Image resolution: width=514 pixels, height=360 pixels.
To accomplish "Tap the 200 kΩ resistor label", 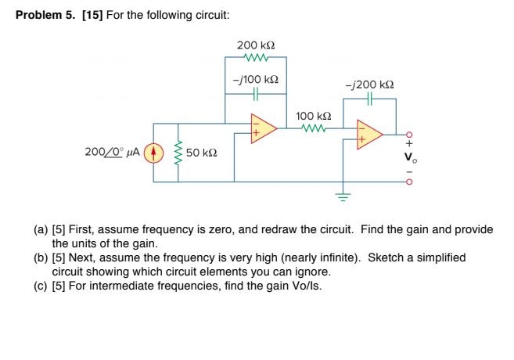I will point(256,45).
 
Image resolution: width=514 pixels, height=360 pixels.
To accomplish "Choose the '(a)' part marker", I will point(40,230).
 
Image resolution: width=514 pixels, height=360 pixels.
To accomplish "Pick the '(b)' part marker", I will point(40,257).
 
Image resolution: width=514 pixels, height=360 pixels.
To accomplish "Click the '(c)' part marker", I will point(40,286).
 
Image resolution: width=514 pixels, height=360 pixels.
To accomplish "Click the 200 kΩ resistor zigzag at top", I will point(256,57).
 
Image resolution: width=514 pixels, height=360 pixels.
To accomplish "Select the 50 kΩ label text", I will point(202,153).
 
